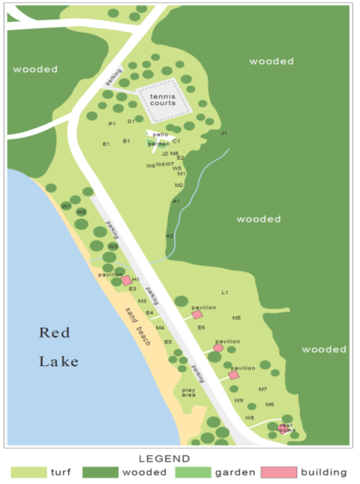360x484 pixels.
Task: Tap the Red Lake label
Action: click(58, 347)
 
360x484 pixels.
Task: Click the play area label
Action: click(189, 392)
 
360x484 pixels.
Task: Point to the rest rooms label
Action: click(286, 428)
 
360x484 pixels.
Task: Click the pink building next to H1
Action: click(126, 281)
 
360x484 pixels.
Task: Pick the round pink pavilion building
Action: click(218, 348)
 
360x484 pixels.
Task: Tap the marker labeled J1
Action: click(224, 133)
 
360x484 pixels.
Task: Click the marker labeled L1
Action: click(225, 292)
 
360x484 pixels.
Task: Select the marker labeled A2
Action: click(169, 236)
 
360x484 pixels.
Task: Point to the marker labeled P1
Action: click(112, 123)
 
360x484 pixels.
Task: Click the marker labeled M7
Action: click(263, 389)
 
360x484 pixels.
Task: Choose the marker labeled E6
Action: click(201, 327)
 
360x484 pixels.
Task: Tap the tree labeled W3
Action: click(113, 246)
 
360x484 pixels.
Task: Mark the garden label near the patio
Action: click(158, 143)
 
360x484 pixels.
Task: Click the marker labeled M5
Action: click(236, 318)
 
